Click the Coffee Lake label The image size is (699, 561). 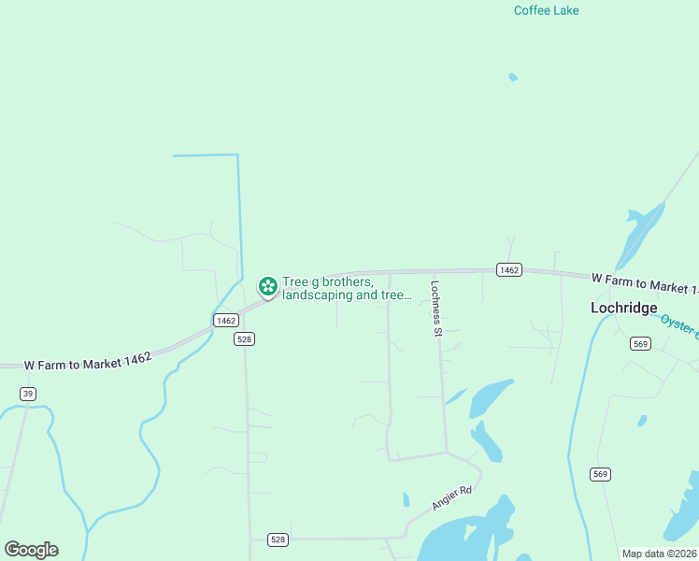click(546, 10)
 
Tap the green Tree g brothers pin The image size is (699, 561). click(267, 285)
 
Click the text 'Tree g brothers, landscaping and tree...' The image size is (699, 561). click(347, 288)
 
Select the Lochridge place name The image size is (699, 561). click(623, 308)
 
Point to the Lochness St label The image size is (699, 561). click(435, 309)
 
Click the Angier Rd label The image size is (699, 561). click(452, 497)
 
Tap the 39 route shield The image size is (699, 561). click(28, 394)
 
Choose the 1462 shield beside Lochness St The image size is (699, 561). click(508, 269)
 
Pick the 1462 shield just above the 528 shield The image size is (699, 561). click(225, 320)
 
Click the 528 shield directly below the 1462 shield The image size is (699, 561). click(244, 339)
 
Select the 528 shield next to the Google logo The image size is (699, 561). click(278, 539)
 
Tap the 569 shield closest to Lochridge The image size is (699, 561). click(640, 344)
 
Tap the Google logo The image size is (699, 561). click(31, 550)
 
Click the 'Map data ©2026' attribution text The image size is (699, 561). click(659, 554)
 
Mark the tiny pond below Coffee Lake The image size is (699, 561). click(512, 77)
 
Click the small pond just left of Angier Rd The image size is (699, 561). click(406, 499)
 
